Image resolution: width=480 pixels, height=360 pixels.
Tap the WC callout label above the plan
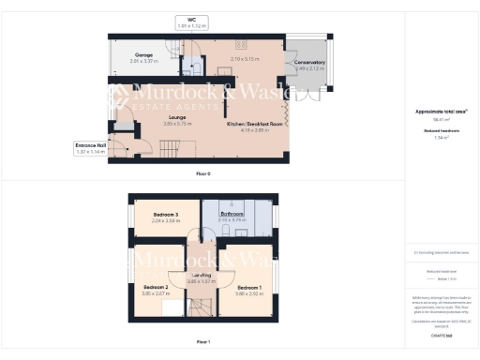point(191,19)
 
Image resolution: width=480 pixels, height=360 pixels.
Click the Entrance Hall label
point(91,145)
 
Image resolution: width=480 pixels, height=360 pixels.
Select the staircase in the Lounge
point(170,149)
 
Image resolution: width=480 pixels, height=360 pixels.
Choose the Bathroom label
point(232,214)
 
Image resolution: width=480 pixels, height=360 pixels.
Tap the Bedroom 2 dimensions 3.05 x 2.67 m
point(155,292)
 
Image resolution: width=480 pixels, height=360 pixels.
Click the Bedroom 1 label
point(248,286)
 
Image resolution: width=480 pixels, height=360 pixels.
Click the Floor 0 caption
point(202,172)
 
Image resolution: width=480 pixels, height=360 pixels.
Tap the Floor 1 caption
point(202,342)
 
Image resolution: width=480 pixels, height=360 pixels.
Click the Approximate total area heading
point(441,112)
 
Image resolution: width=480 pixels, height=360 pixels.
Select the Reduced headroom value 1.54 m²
point(441,137)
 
